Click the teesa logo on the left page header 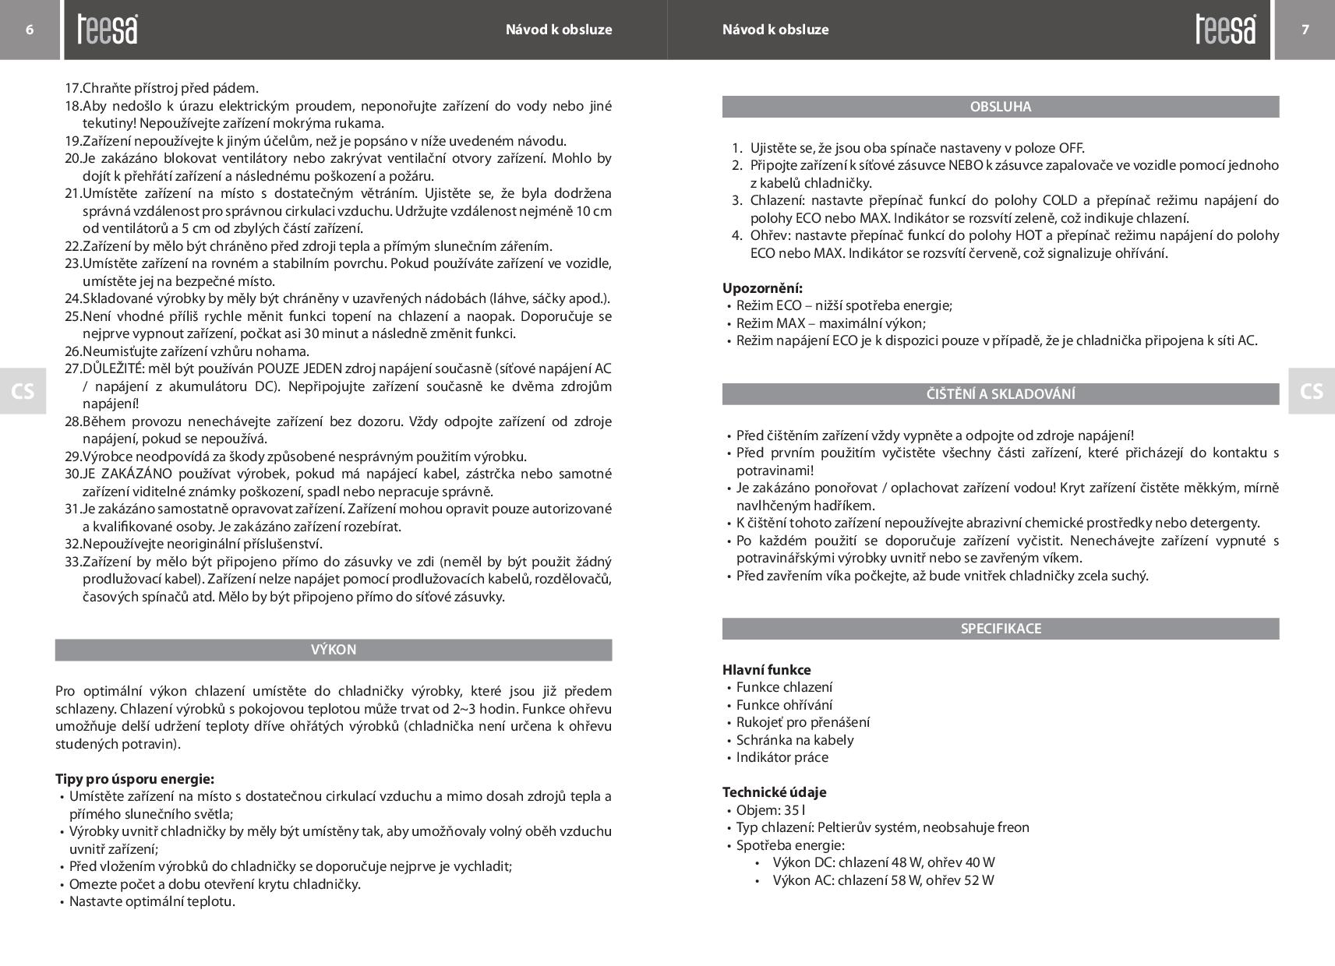pos(108,30)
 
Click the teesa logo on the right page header pos(1226,30)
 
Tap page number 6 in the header pos(30,30)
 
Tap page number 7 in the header pos(1305,30)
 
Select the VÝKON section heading pos(334,650)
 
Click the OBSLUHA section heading pos(1001,107)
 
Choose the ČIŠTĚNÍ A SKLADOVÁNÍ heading pos(1001,394)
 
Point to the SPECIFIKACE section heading pos(1001,629)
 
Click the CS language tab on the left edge pos(23,391)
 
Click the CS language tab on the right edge pos(1312,391)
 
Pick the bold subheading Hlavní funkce pos(766,670)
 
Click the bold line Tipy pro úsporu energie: pos(134,779)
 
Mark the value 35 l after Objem pos(794,810)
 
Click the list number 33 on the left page pos(72,562)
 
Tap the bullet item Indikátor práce pos(782,757)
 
